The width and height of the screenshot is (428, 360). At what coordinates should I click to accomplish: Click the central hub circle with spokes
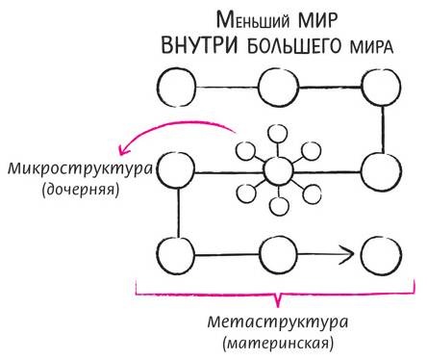pyautogui.click(x=278, y=172)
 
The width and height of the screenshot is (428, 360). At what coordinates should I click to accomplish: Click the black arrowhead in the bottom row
pyautogui.click(x=349, y=255)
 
